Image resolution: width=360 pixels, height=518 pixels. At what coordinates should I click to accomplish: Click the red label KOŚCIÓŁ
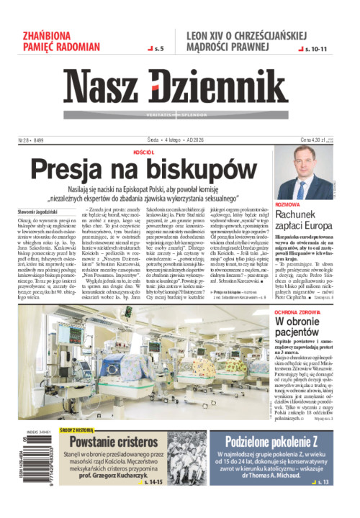tap(144, 153)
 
